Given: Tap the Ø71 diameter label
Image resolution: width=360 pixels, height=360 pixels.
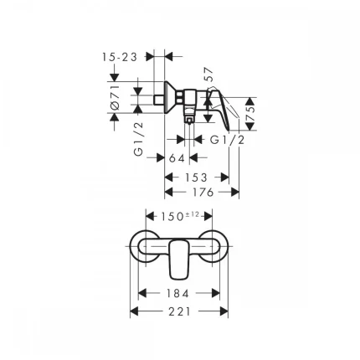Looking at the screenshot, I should (x=117, y=99).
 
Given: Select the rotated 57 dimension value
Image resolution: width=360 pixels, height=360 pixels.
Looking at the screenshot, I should (x=209, y=76).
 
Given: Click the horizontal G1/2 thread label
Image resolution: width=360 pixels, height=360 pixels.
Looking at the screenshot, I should (x=227, y=140).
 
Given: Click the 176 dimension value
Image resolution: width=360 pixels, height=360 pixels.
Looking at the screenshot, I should (x=201, y=192).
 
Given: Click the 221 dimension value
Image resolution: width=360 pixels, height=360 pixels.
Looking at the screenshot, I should (x=179, y=311).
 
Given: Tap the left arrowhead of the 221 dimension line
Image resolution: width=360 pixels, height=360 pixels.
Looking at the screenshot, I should (x=135, y=311).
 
